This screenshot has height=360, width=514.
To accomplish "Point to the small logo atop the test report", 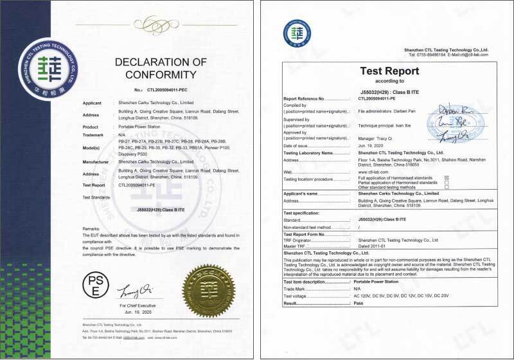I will click(297, 32).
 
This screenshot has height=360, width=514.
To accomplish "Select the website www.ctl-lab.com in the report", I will click(370, 172).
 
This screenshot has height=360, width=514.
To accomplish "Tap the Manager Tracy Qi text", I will click(377, 137).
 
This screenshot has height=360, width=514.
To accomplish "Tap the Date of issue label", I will click(302, 146).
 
